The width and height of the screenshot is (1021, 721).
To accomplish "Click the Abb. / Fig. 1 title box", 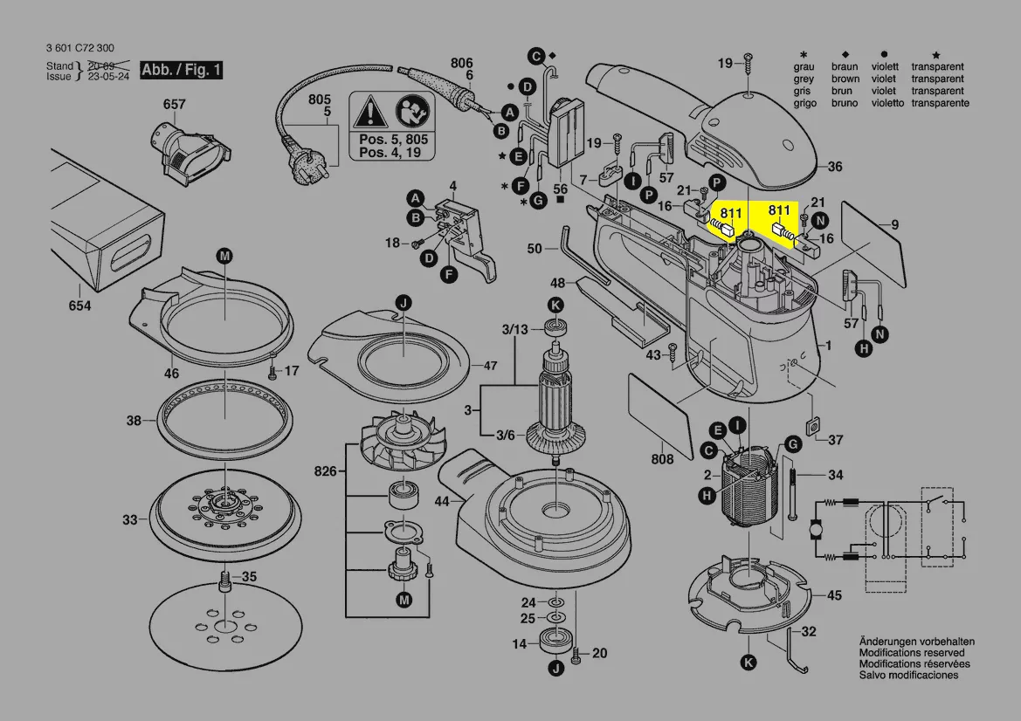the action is [x=182, y=70].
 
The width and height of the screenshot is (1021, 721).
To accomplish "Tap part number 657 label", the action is [x=175, y=104].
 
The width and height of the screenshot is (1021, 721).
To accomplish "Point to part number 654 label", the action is [x=80, y=306].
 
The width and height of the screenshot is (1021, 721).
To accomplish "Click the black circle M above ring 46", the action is [x=224, y=256].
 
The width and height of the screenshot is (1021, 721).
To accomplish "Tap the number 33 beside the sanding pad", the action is [x=130, y=519].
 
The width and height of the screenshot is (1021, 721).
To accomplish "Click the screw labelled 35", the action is [x=224, y=581].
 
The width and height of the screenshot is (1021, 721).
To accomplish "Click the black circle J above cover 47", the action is [x=404, y=303].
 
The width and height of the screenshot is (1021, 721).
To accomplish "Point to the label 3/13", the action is [x=515, y=329].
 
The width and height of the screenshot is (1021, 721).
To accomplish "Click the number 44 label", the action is [x=442, y=502].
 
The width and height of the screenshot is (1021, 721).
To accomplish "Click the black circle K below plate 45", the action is [x=749, y=663].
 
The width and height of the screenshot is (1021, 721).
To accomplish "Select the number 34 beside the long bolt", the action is [x=836, y=475].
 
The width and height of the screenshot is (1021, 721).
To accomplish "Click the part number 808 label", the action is [x=662, y=459].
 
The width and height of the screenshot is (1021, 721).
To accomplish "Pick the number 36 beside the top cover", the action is [x=835, y=167].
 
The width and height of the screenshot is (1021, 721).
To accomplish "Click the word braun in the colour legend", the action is [x=845, y=66].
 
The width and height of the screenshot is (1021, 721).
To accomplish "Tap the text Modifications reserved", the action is [x=912, y=653].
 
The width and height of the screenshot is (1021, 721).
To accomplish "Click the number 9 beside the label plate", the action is [x=895, y=224].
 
